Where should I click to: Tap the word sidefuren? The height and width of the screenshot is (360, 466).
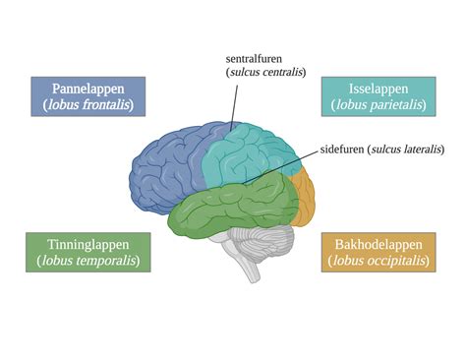click(341, 150)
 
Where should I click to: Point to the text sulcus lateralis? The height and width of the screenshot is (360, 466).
click(406, 150)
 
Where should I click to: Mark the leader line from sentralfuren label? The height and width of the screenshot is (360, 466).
click(235, 103)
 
